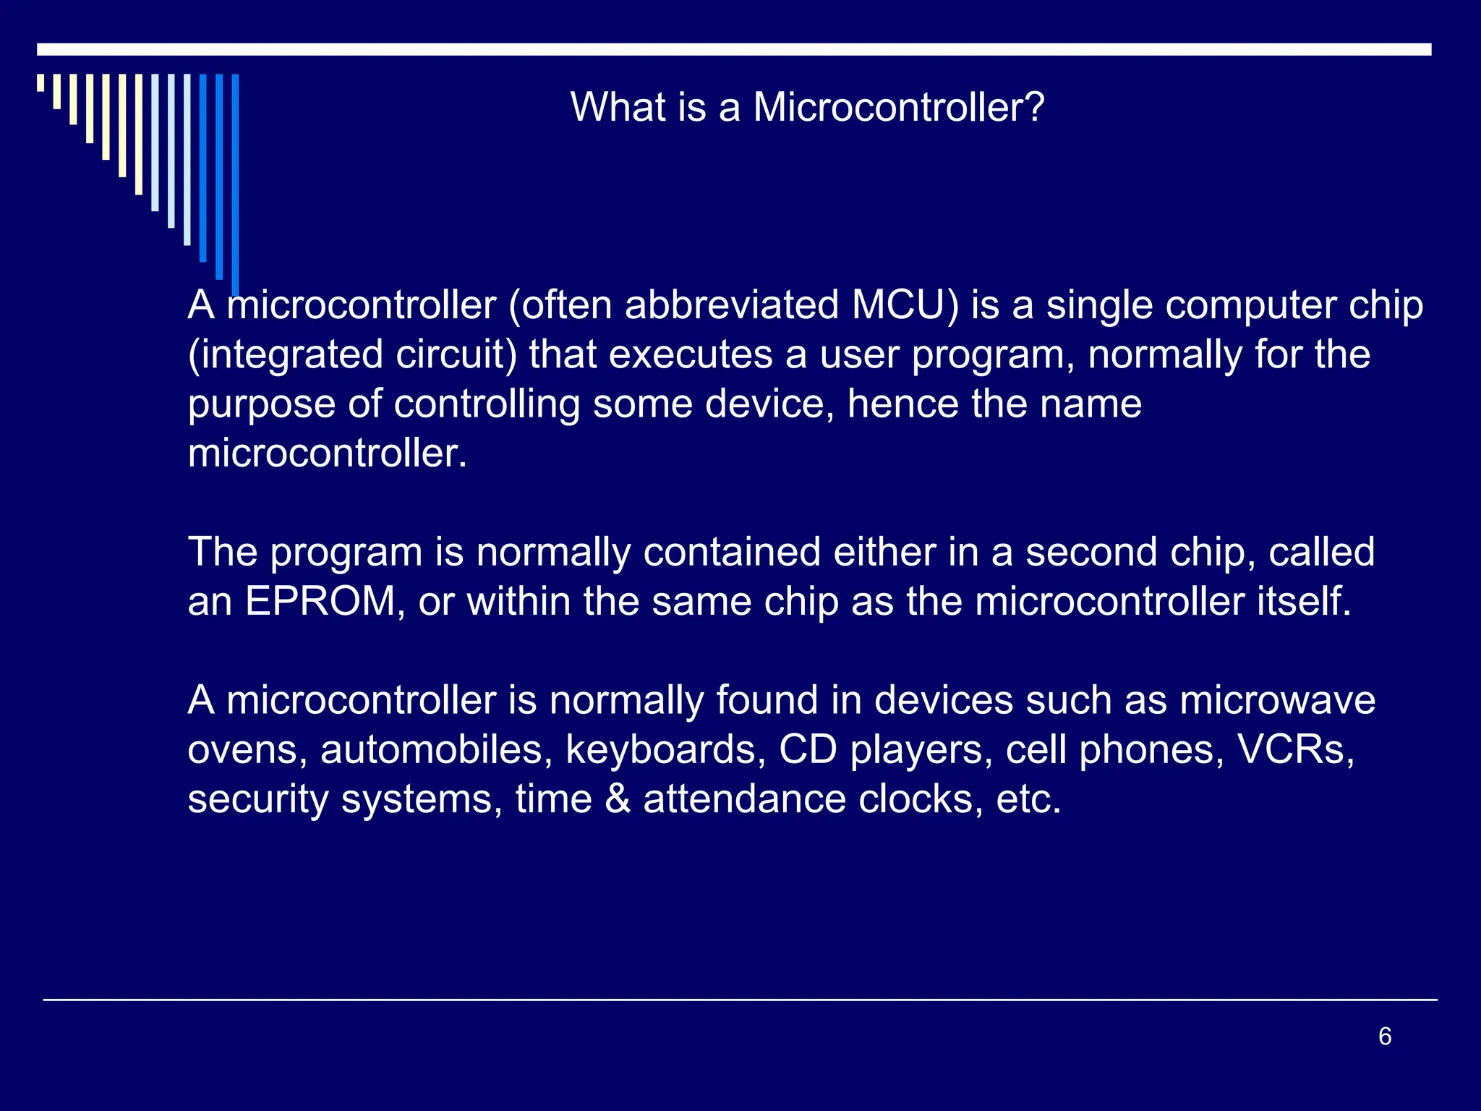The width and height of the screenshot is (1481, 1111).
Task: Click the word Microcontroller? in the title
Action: [x=899, y=108]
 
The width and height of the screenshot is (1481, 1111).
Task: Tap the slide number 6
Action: [x=1385, y=1036]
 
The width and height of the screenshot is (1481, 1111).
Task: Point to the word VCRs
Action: [x=1296, y=749]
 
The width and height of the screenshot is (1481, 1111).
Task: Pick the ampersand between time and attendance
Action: [x=618, y=799]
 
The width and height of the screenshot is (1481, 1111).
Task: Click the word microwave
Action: [x=1277, y=700]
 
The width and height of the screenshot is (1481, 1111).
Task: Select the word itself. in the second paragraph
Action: [x=1304, y=601]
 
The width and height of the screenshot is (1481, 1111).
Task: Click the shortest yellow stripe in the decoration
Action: [x=40, y=82]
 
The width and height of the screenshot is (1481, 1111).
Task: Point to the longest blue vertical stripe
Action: [x=236, y=181]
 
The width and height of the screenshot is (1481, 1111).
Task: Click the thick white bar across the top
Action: [x=734, y=49]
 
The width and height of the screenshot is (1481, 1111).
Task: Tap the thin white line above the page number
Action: [x=740, y=1000]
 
